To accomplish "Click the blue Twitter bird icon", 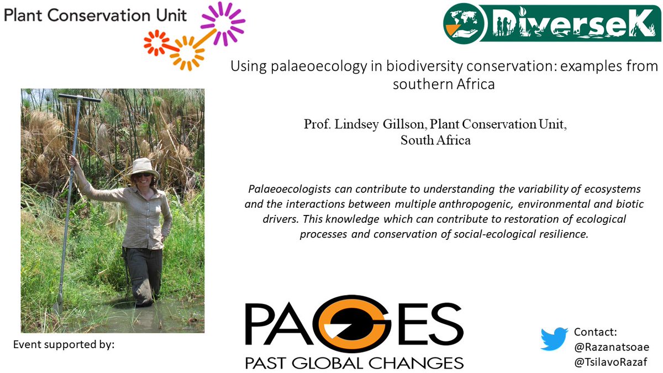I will pyautogui.click(x=554, y=339).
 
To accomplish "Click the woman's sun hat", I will pyautogui.click(x=143, y=167).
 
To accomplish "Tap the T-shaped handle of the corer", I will pyautogui.click(x=80, y=98).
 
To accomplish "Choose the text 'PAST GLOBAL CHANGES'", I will pyautogui.click(x=354, y=363).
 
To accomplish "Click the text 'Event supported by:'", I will pyautogui.click(x=64, y=345).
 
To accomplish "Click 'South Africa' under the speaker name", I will pyautogui.click(x=435, y=140).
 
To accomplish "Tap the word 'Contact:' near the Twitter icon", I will pyautogui.click(x=595, y=332).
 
